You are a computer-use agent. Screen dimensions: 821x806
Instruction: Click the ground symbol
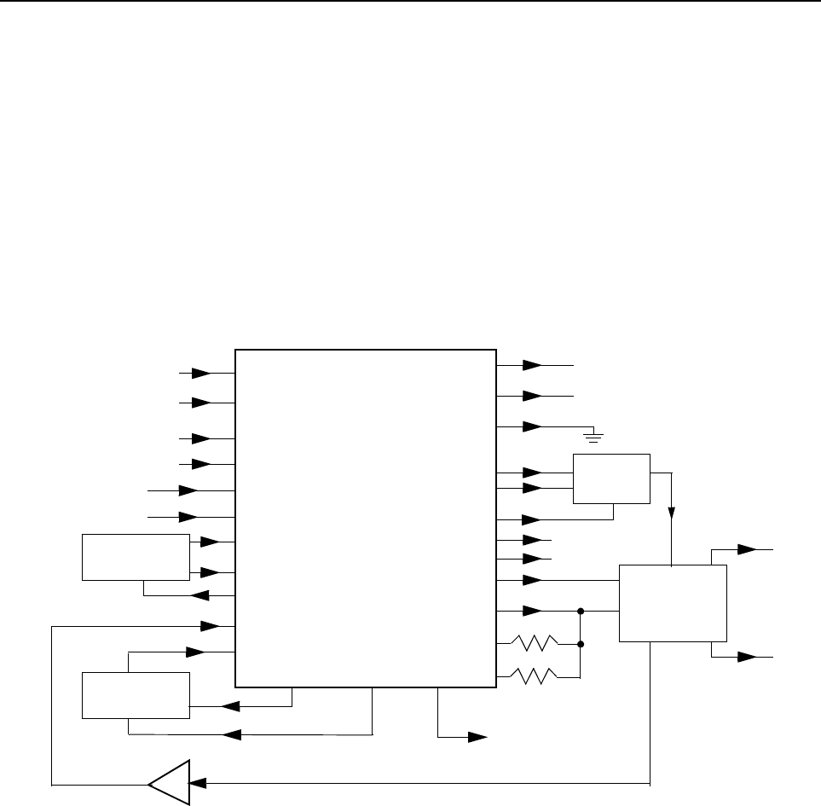pos(594,438)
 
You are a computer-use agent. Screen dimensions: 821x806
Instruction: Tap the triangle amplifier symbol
pos(169,780)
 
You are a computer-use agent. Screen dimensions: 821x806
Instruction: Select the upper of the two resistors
pos(534,642)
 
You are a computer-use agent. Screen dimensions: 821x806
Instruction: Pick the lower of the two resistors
pos(534,674)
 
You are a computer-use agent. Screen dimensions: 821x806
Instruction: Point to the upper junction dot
pos(581,611)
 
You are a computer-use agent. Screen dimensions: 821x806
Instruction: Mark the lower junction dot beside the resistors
pos(581,643)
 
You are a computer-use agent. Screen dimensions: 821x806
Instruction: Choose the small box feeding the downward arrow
pos(611,479)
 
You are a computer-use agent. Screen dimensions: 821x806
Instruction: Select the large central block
pos(365,518)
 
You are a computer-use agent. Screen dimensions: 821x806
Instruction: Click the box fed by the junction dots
pos(673,602)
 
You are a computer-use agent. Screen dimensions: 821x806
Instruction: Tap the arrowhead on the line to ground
pos(531,426)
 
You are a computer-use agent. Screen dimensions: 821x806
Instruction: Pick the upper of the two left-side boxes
pos(136,557)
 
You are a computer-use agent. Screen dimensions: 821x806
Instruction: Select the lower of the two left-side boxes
pos(136,695)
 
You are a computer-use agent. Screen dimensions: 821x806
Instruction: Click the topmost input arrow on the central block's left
pos(201,373)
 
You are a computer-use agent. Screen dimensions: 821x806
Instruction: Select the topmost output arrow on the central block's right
pos(531,365)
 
